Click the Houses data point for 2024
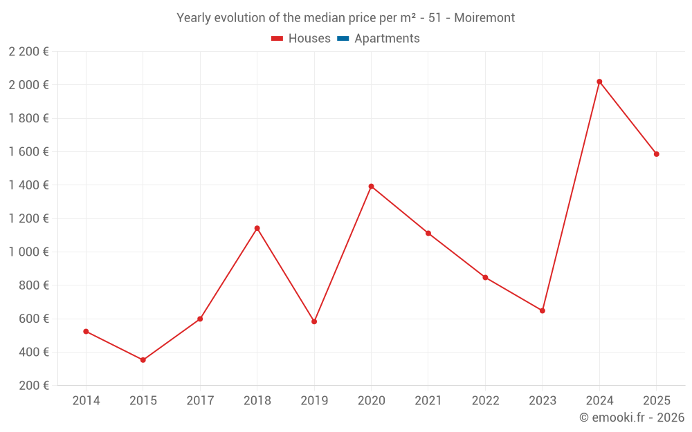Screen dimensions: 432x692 click(x=599, y=82)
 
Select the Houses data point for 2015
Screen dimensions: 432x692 click(x=143, y=360)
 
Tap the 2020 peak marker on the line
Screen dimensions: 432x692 click(x=371, y=187)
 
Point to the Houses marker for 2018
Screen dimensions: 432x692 click(x=257, y=228)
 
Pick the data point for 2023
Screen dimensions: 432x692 click(x=543, y=310)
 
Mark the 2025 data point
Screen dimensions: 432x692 click(x=656, y=154)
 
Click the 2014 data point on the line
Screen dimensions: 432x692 click(x=86, y=332)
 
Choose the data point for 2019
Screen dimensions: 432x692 click(x=314, y=321)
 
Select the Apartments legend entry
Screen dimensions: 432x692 click(x=387, y=39)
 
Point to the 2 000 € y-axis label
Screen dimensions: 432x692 click(x=28, y=85)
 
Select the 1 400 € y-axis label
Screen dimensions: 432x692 click(x=28, y=185)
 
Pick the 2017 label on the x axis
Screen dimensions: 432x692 click(x=200, y=401)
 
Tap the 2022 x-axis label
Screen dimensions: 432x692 click(x=485, y=401)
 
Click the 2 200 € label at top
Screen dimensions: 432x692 click(x=28, y=52)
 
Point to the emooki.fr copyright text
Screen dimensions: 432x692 click(x=632, y=417)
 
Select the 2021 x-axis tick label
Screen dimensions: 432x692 click(x=428, y=401)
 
